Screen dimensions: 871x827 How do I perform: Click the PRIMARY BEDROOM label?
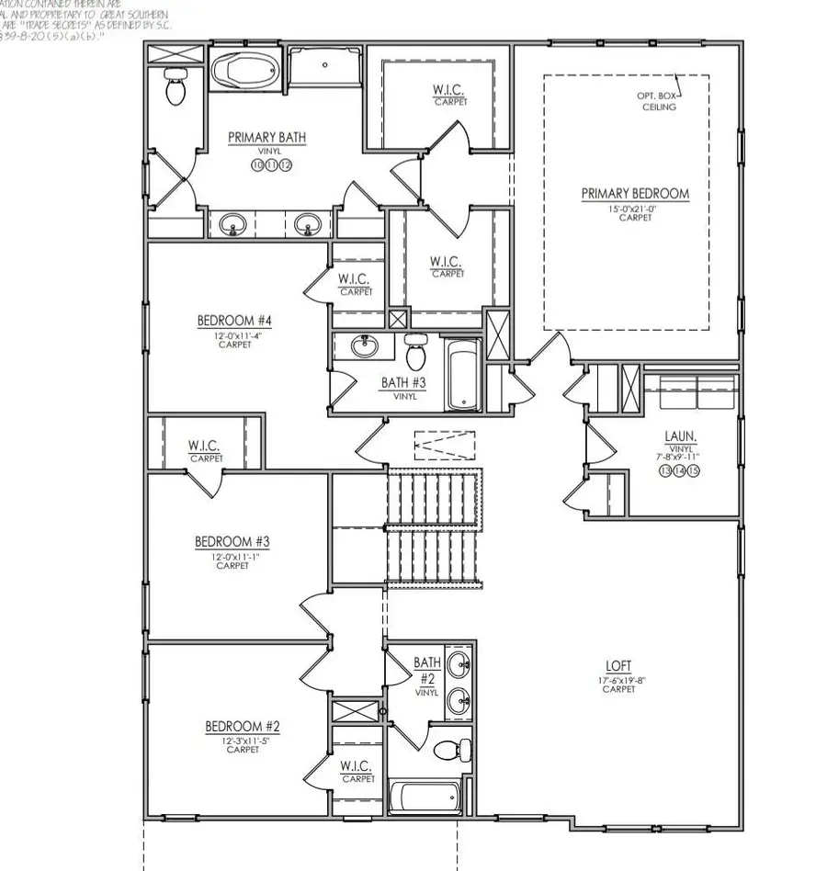click(634, 194)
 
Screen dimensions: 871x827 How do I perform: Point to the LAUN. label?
click(679, 437)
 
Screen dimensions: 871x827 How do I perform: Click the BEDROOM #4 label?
click(234, 321)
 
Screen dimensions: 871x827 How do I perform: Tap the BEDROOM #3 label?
click(232, 542)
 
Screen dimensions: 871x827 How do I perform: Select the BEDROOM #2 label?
click(243, 727)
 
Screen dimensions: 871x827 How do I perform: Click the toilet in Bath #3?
click(415, 350)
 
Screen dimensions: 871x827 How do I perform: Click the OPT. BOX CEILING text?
click(658, 101)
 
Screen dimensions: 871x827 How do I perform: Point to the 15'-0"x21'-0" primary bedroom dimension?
click(634, 209)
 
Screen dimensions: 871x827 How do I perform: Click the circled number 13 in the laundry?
click(665, 470)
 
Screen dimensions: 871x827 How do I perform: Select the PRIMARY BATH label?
click(266, 138)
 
